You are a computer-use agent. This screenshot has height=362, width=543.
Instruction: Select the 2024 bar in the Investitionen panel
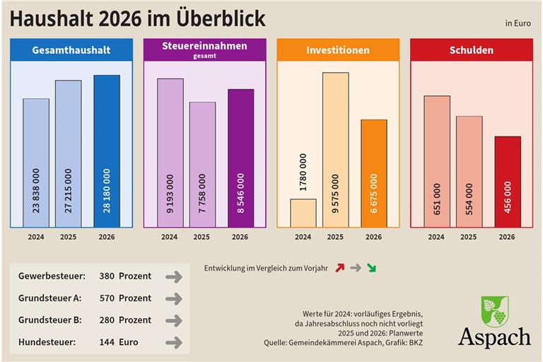[303, 213]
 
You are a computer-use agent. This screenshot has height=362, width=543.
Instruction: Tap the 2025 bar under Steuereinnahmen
[202, 164]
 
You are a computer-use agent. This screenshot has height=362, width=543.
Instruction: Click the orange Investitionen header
[337, 50]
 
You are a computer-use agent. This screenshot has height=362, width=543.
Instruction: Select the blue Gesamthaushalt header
[71, 50]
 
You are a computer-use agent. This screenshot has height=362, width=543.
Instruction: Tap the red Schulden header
[471, 50]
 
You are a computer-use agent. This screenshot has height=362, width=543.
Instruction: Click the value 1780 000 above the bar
[303, 173]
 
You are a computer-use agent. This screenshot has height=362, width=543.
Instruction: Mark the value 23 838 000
[36, 191]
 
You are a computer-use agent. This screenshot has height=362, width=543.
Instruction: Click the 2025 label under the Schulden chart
[468, 237]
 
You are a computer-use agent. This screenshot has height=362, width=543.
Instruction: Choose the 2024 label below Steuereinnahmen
[169, 237]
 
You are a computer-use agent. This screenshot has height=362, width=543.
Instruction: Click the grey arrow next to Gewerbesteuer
[173, 277]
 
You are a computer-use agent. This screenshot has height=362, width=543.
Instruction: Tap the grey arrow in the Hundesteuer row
[173, 343]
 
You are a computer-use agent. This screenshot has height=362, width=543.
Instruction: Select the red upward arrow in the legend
[339, 269]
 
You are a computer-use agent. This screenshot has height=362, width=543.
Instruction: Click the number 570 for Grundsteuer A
[105, 298]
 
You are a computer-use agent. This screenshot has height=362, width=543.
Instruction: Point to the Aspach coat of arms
[495, 311]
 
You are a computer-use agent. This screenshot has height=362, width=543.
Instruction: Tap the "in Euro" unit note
[518, 23]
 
